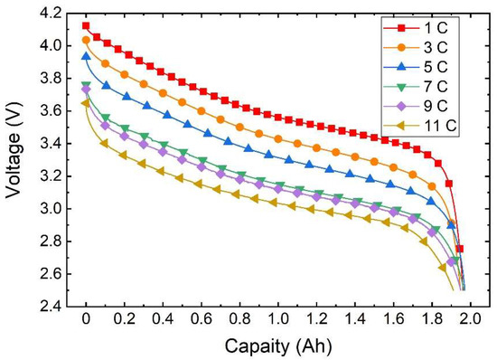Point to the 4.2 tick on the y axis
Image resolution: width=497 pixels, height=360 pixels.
(51, 13)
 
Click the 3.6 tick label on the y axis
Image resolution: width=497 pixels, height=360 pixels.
(51, 111)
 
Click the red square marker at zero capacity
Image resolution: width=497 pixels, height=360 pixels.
(86, 26)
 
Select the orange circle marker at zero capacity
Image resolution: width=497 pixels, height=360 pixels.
(86, 40)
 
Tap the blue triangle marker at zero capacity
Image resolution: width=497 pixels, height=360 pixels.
(86, 56)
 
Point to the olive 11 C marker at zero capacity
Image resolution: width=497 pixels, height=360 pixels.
(86, 103)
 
